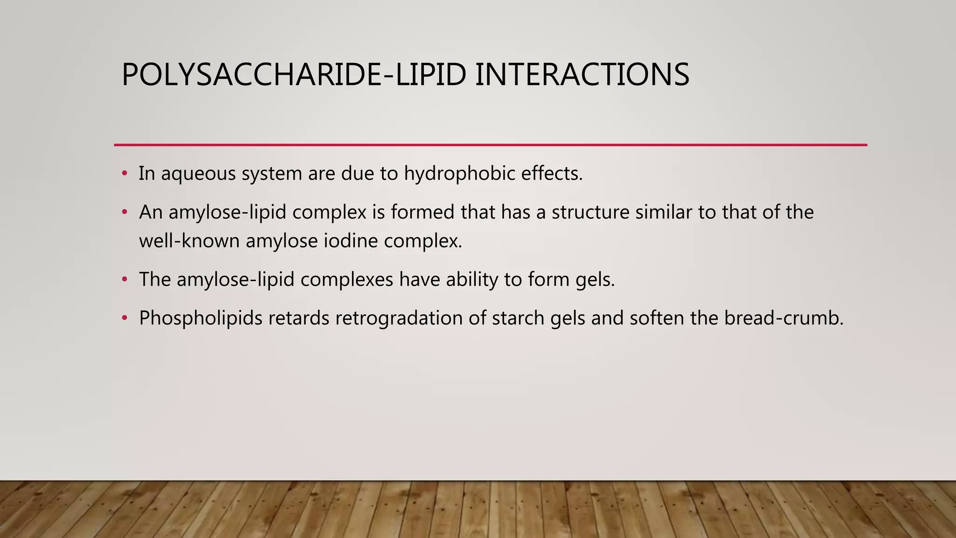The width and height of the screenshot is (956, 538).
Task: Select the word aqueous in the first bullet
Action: [198, 174]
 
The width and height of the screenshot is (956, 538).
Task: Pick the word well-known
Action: [189, 241]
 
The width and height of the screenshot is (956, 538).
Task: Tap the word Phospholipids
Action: [201, 319]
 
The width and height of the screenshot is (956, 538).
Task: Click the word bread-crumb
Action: [784, 319]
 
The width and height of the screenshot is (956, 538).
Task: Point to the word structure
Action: [590, 212]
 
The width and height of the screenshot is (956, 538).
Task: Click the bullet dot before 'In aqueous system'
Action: [124, 174]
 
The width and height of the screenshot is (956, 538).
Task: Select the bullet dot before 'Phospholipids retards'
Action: [124, 319]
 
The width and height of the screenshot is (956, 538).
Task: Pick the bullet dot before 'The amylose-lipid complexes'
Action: [124, 280]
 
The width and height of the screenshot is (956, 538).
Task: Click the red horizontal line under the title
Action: [490, 145]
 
